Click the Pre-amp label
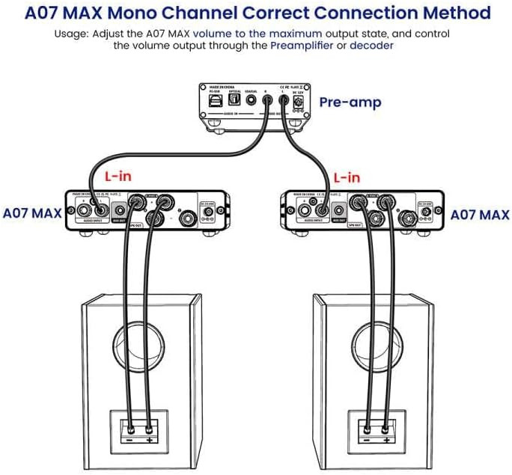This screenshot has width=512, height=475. coord(350,102)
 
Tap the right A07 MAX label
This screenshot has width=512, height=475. coord(480,215)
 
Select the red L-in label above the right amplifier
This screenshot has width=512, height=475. coord(347,178)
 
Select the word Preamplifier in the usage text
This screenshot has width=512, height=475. coord(303,46)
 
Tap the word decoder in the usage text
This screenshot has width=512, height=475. coord(371,46)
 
